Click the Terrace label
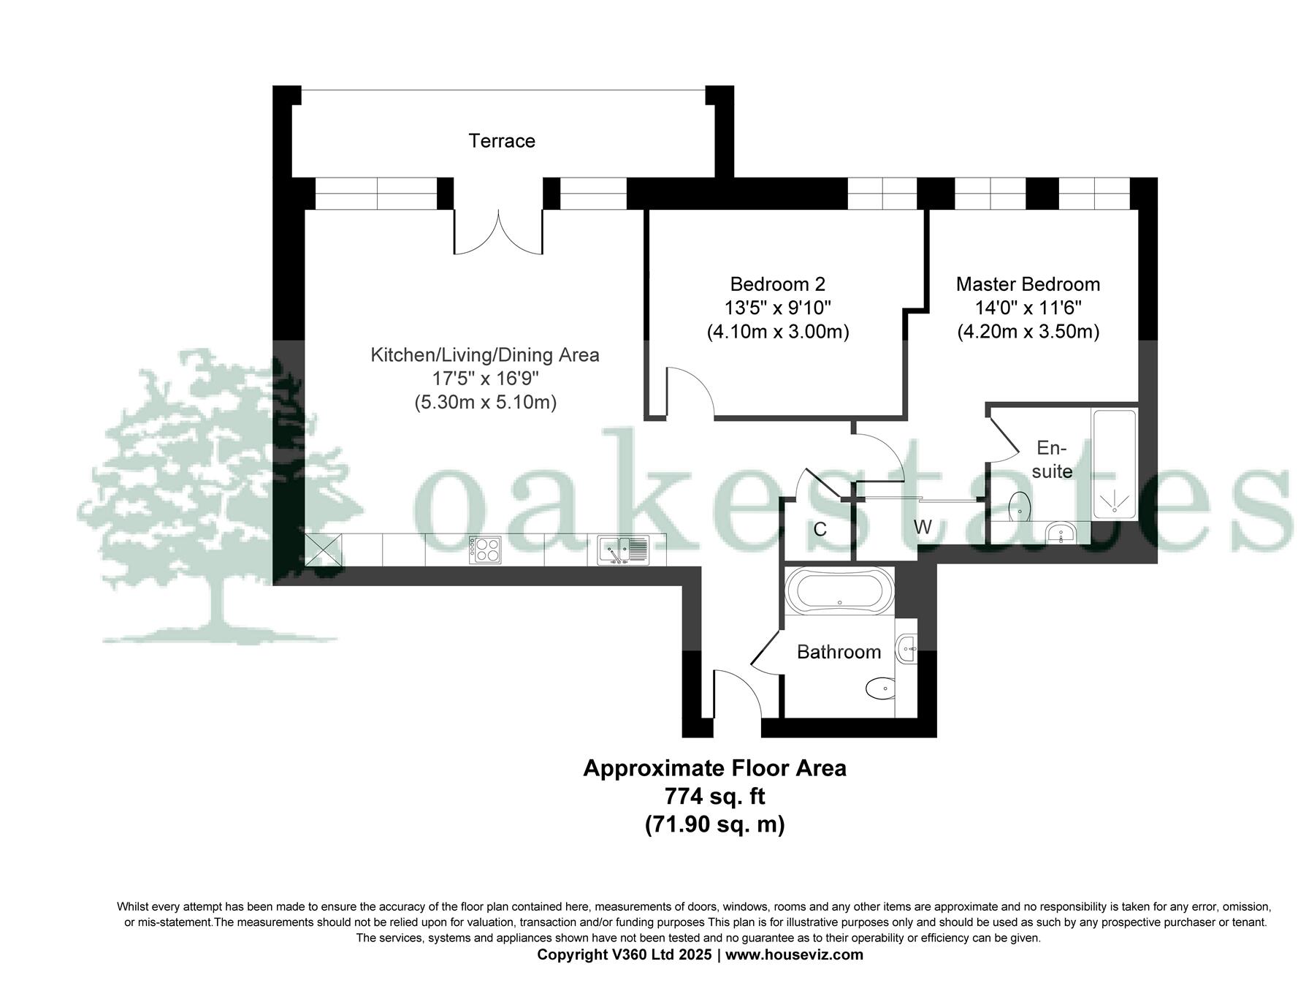501,140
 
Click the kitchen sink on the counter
623,550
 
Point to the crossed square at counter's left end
323,550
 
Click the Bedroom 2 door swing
690,392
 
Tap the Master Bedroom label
1027,284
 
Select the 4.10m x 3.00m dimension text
777,332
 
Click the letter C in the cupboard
820,529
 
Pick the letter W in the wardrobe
922,527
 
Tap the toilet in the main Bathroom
879,687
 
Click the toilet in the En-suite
1019,506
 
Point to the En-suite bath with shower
1113,464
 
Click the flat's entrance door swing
736,694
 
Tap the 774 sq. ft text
714,795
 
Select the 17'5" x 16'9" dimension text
485,379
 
